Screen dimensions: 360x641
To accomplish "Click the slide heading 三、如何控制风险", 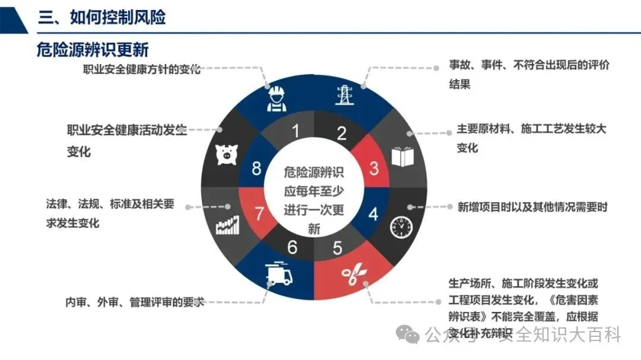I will point(101,17).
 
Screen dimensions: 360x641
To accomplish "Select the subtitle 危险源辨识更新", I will point(93,49).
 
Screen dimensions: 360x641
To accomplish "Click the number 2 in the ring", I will point(341,133).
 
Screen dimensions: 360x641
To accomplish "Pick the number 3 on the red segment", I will point(374,168).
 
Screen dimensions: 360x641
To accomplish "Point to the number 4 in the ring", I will point(373,214).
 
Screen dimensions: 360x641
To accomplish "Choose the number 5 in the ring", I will point(338,247).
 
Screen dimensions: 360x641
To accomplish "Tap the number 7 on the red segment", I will point(259,214).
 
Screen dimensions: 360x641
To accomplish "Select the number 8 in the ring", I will point(256,168).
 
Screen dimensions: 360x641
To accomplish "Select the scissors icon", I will point(353,275).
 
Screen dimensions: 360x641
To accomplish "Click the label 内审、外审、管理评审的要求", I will point(134,302).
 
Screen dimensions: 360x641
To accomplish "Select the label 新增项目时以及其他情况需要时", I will point(532,207).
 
